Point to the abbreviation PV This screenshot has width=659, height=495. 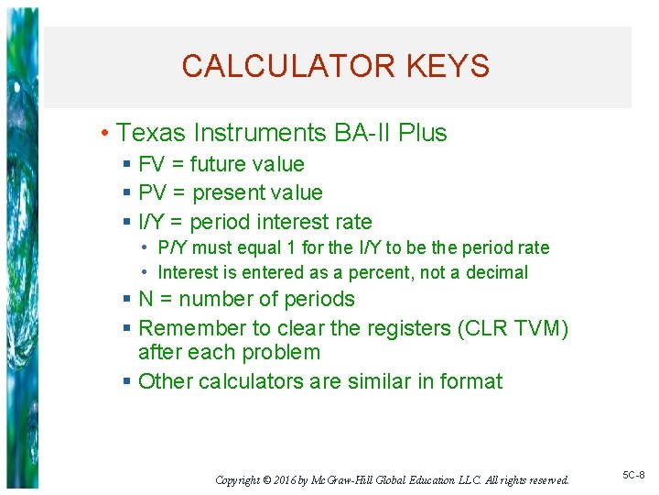(x=153, y=193)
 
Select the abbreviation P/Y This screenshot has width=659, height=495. (x=171, y=247)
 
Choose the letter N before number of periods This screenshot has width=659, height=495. (x=146, y=300)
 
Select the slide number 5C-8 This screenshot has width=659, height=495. (x=633, y=476)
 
